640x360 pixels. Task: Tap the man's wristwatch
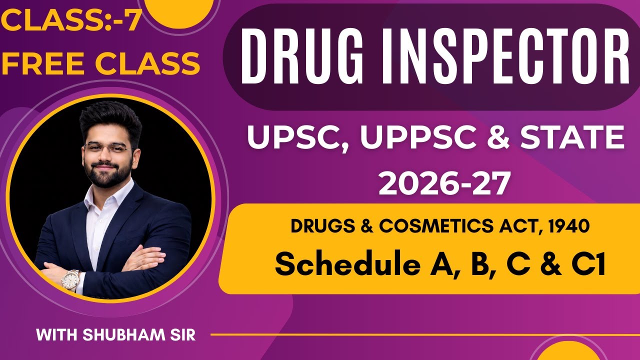click(70, 279)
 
